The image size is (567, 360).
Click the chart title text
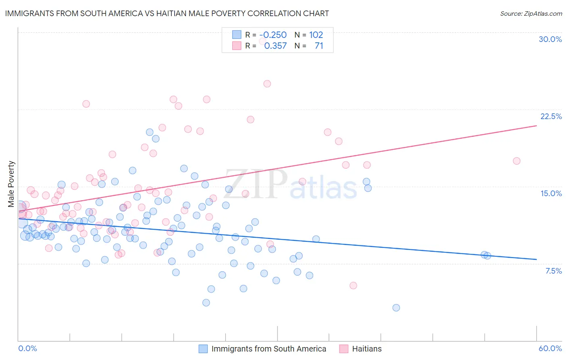point(167,13)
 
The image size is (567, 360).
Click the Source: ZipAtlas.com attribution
point(531,13)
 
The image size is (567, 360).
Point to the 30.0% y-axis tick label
point(550,39)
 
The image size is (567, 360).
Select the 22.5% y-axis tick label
point(551,116)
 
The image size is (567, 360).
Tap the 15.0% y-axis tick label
point(551,193)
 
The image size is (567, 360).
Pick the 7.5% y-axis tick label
point(553,271)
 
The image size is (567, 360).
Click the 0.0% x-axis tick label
point(27,348)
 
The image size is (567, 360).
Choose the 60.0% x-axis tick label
point(550,348)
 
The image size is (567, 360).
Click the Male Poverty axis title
point(11,184)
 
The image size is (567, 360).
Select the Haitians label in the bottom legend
point(367,349)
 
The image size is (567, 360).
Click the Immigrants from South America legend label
point(269,349)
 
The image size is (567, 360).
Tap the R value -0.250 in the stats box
point(273,35)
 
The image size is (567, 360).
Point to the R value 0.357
point(275,46)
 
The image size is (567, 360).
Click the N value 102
point(316,35)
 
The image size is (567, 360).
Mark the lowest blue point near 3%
point(396,308)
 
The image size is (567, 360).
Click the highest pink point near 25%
point(267,84)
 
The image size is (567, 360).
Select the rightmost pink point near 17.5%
point(517,161)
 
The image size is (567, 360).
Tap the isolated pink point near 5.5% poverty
point(353,285)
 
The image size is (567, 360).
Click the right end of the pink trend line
point(536,126)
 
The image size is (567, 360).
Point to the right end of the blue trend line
point(536,259)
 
